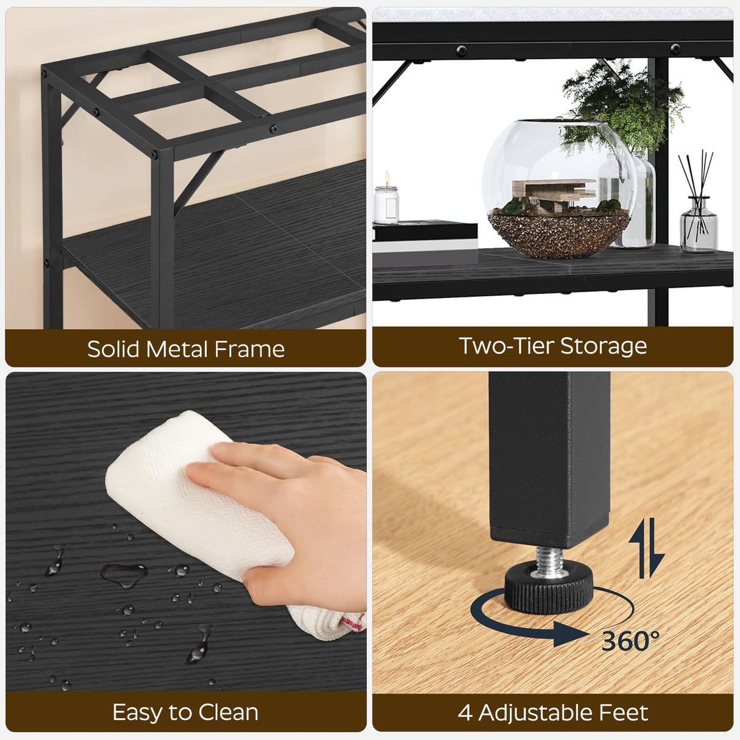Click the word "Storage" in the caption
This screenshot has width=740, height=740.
pos(603,346)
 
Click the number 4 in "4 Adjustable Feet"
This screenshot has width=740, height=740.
pos(465,713)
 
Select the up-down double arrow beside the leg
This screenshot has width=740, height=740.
pos(646,548)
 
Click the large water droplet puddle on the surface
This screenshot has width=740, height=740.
pos(124,574)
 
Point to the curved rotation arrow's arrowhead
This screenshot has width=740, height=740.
pos(570,634)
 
